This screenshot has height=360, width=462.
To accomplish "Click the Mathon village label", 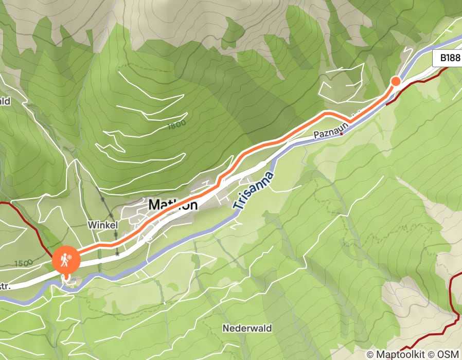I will tap(173, 205).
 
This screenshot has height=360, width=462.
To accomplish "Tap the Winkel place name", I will tap(103, 225).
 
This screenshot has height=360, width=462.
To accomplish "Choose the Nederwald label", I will tap(247, 328).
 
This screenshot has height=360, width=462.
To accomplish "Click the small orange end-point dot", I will tap(396, 81).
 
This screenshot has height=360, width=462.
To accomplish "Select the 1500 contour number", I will tap(22, 263).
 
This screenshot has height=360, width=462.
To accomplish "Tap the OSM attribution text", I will tap(448, 354).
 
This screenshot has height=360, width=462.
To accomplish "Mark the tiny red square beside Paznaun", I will tap(341, 133).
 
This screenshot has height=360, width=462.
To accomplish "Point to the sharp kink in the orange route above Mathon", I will tap(220, 180).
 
